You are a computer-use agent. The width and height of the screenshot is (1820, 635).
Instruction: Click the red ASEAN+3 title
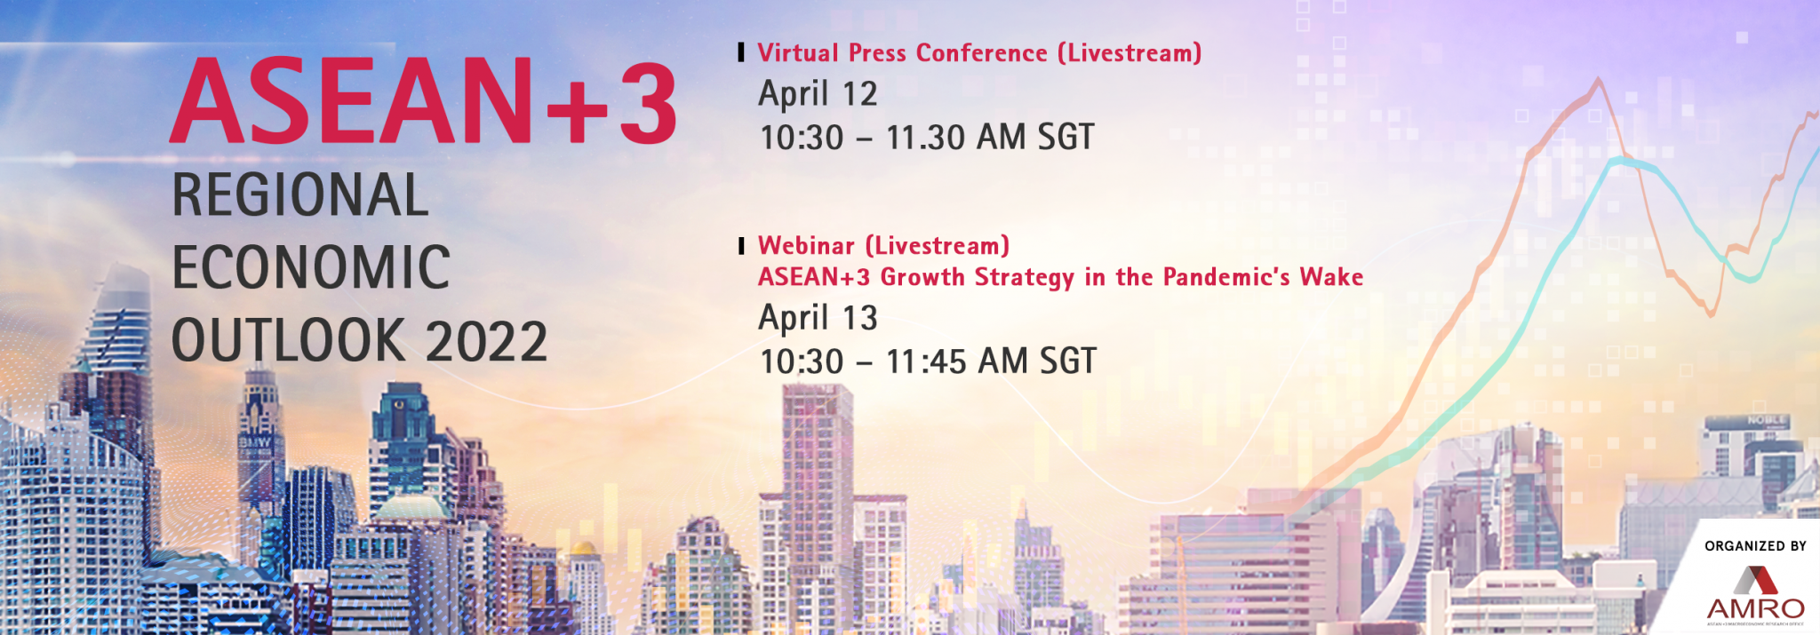click(x=423, y=100)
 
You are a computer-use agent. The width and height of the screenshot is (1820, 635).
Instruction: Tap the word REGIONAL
click(x=300, y=195)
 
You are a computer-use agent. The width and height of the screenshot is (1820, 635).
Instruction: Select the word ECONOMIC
click(x=311, y=267)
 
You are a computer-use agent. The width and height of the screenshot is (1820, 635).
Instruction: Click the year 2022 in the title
click(x=486, y=341)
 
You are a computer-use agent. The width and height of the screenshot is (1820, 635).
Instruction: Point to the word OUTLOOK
click(x=289, y=341)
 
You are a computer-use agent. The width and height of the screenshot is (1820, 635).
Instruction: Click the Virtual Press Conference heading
click(x=979, y=53)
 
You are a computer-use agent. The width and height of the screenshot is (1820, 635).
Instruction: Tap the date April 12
click(x=818, y=94)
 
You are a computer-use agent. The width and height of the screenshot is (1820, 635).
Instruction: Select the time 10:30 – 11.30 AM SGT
click(x=927, y=138)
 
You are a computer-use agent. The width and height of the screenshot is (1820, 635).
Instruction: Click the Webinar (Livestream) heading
click(x=883, y=245)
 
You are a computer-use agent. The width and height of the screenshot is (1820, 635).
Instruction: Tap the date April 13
click(x=818, y=318)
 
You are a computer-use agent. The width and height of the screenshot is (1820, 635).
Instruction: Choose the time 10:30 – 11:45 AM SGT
click(x=928, y=361)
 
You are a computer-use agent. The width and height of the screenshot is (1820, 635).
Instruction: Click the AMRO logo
click(x=1755, y=594)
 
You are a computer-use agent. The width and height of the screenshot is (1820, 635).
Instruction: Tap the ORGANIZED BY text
click(x=1755, y=546)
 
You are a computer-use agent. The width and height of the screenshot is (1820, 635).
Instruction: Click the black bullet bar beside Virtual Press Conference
click(x=741, y=52)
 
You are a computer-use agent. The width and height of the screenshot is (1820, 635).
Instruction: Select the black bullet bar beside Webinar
click(x=741, y=246)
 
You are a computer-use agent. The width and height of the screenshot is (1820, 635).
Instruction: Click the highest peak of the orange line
click(x=1599, y=79)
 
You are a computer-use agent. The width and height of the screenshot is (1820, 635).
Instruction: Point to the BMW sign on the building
click(x=254, y=441)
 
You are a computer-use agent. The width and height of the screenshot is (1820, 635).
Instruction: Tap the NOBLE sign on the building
click(x=1767, y=420)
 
